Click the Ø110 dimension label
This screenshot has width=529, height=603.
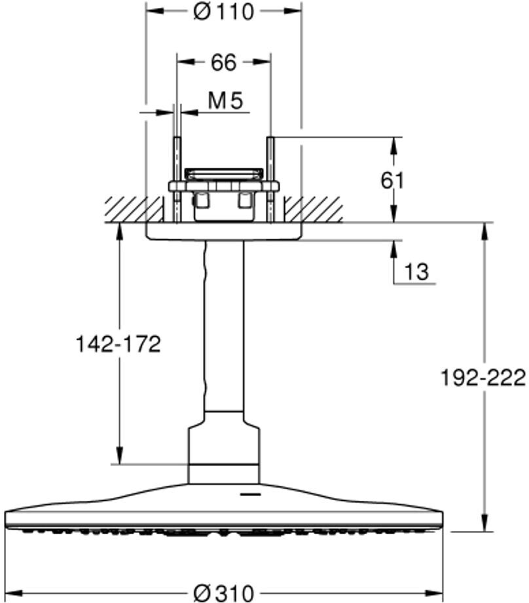(x=223, y=11)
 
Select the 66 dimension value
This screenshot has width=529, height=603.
(x=223, y=62)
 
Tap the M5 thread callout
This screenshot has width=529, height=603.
(x=225, y=101)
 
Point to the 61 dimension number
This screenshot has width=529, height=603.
(x=393, y=180)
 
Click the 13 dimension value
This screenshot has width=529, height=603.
(x=416, y=271)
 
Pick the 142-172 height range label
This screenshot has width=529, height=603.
(x=118, y=344)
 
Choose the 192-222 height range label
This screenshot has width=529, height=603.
(x=483, y=378)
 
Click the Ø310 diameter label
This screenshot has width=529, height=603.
(x=223, y=593)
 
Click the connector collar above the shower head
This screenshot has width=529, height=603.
(x=224, y=449)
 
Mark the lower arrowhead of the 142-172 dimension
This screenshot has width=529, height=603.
(x=119, y=456)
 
